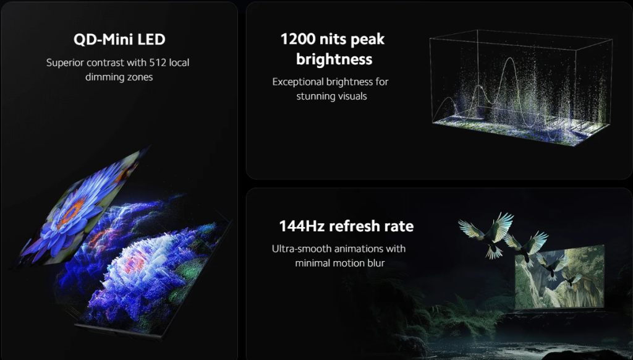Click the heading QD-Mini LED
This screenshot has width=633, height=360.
(119, 40)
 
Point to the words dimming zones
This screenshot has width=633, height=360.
(119, 77)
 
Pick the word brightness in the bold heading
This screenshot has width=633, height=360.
(334, 59)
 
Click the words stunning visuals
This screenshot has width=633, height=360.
(331, 96)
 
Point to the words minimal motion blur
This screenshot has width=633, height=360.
(340, 263)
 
